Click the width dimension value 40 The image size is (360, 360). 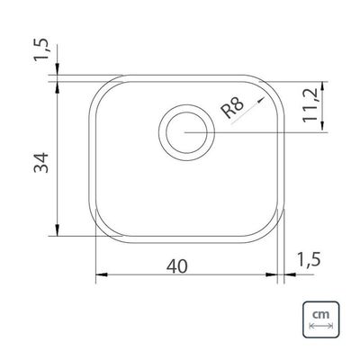pos(177,266)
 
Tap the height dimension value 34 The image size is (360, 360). pos(40,163)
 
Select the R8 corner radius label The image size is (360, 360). pos(232,108)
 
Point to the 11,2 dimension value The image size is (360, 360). pos(310,105)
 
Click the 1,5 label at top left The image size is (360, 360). pos(40,49)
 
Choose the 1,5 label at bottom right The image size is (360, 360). pos(309,259)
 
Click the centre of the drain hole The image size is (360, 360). pos(186,132)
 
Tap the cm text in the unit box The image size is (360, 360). pos(320,315)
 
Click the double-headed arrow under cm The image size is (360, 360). pos(320,326)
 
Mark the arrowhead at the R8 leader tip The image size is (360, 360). pos(262,99)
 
